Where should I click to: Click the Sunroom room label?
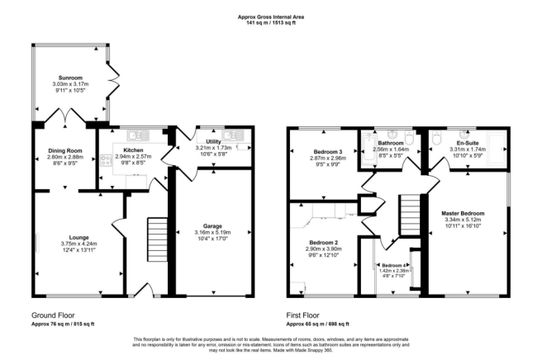click(70, 78)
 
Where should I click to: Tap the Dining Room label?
click(65, 150)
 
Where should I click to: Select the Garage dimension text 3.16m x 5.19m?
click(212, 232)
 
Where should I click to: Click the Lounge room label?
click(78, 237)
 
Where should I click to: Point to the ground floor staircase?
click(158, 239)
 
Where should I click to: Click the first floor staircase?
click(410, 216)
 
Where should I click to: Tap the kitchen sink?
click(138, 135)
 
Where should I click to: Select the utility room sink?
click(233, 135)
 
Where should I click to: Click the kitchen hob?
click(106, 161)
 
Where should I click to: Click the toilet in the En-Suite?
click(436, 138)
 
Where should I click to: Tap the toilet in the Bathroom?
click(409, 138)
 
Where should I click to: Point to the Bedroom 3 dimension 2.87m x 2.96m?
click(328, 159)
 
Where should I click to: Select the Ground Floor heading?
click(53, 315)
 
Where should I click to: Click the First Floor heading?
click(302, 315)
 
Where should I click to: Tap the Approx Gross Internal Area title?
click(271, 17)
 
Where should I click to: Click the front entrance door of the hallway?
click(144, 290)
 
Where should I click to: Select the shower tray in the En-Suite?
click(497, 149)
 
